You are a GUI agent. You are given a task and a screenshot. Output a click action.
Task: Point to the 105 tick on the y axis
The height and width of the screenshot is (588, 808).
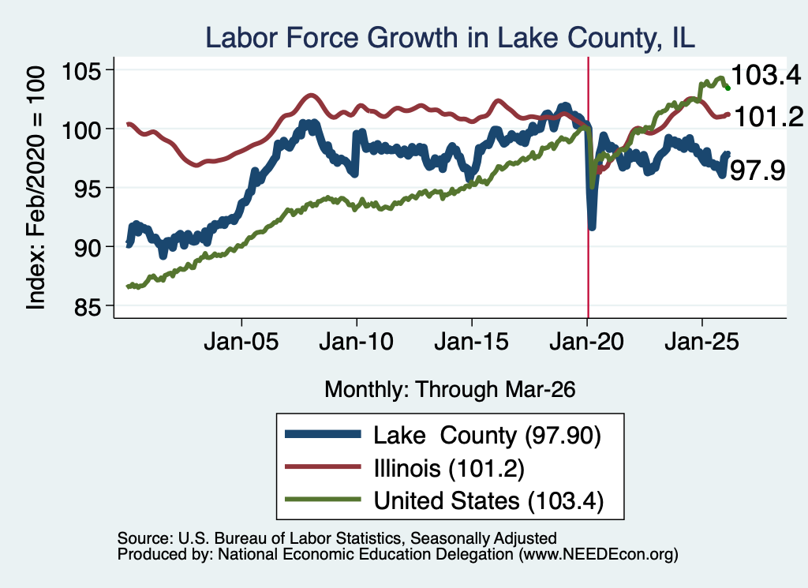click(81, 70)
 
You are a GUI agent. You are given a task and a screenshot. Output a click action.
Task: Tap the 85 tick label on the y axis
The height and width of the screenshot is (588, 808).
click(88, 306)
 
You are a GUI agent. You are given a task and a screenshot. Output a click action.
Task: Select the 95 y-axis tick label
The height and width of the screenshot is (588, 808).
click(88, 188)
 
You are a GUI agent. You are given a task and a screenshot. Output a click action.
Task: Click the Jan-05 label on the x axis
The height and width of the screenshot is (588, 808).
click(241, 342)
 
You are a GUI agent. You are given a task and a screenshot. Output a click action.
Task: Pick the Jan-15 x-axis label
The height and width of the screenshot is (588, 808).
click(472, 342)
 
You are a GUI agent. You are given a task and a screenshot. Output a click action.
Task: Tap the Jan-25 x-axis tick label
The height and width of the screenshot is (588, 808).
click(701, 342)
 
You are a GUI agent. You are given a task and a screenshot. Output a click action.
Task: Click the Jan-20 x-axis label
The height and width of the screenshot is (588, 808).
click(587, 342)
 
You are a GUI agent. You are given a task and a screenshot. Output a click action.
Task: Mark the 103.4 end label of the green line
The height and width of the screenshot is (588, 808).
click(765, 75)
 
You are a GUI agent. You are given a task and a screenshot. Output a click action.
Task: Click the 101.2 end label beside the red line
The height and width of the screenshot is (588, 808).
click(768, 117)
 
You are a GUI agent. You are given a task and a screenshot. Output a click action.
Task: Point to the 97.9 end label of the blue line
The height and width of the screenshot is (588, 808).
click(757, 170)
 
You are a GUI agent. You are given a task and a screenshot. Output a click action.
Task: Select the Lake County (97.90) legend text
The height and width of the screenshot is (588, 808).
click(487, 436)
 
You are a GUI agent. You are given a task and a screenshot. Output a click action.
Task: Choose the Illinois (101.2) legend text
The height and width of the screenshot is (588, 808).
click(449, 468)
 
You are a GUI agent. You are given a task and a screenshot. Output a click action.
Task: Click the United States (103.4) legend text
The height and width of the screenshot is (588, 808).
click(488, 500)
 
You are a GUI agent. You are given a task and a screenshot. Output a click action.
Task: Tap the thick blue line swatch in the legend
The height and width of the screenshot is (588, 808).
click(323, 434)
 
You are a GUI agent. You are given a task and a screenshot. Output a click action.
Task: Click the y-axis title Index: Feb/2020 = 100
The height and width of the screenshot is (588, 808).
click(36, 188)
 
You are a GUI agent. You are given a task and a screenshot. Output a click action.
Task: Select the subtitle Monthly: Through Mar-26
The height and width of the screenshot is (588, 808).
click(450, 390)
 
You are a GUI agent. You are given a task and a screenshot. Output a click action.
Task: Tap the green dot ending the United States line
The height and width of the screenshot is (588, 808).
click(728, 88)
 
